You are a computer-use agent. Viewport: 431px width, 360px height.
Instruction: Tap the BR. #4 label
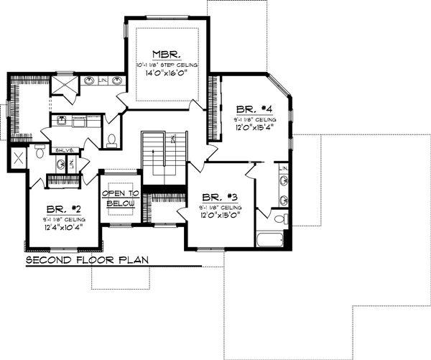249,109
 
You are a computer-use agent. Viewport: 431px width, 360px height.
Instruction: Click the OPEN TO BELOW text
120,199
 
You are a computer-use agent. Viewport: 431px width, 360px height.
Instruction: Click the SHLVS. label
63,149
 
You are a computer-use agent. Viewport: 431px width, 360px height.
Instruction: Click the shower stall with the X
18,159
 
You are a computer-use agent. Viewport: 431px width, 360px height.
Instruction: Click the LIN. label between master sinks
103,80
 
